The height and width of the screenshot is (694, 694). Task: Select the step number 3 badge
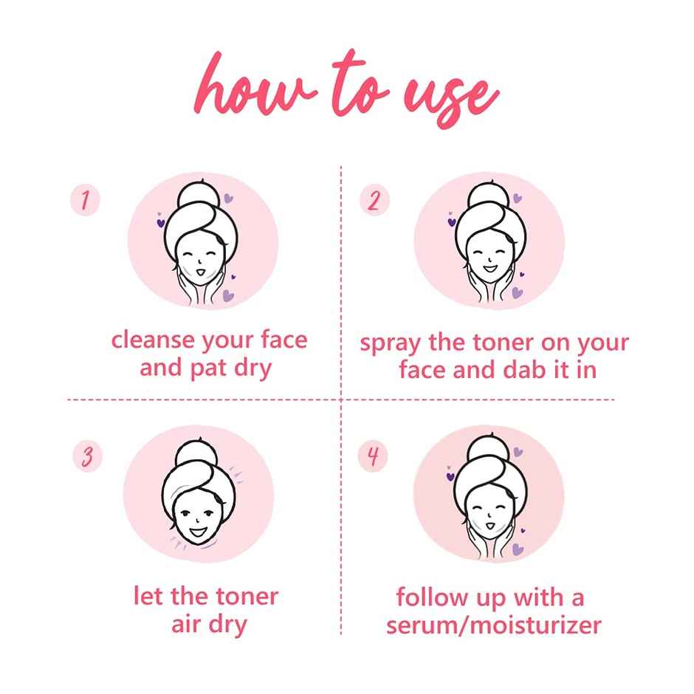[86, 456]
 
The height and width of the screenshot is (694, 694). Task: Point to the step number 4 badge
[374, 456]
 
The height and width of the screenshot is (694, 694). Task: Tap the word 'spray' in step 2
[392, 344]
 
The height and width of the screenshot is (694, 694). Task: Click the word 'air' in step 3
[187, 625]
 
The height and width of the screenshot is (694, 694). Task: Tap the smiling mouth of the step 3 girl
[197, 529]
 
